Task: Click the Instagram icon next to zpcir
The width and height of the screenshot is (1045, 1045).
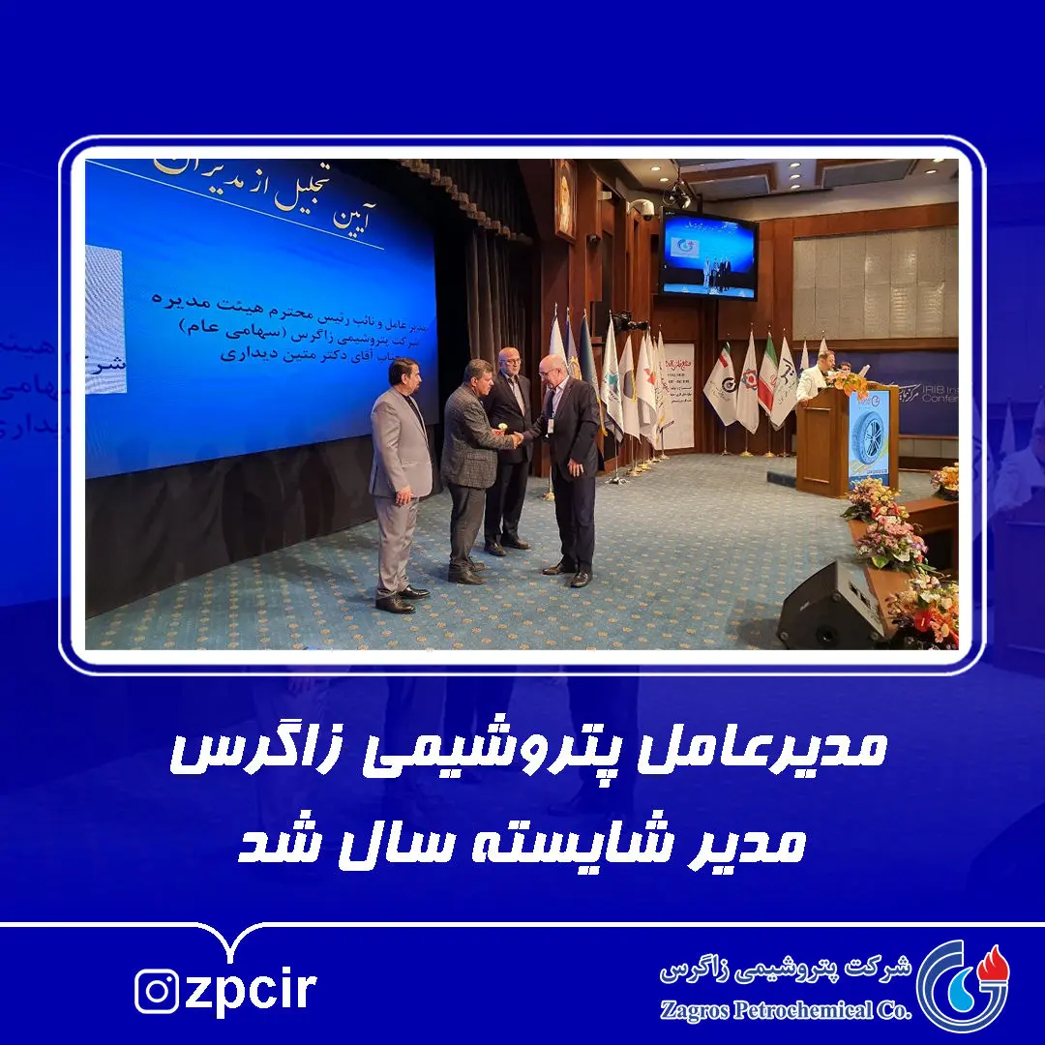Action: pyautogui.click(x=157, y=991)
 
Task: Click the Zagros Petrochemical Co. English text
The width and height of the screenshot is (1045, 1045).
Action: pyautogui.click(x=786, y=1010)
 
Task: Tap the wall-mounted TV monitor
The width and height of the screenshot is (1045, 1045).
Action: pyautogui.click(x=708, y=254)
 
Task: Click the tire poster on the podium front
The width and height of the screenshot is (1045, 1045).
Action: pyautogui.click(x=868, y=437)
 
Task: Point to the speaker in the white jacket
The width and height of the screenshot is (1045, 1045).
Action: pyautogui.click(x=816, y=376)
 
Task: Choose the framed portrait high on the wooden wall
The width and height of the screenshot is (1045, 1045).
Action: pyautogui.click(x=564, y=198)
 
